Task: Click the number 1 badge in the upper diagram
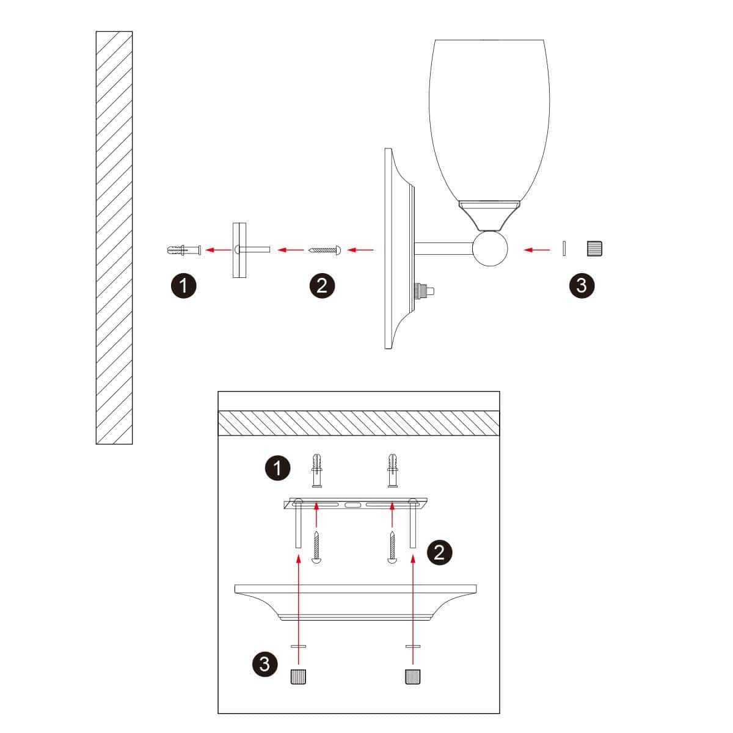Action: point(184,285)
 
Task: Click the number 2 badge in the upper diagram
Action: point(323,285)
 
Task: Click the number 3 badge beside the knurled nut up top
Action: point(582,285)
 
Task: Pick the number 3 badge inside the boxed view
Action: point(264,664)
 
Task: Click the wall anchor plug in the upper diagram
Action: point(183,250)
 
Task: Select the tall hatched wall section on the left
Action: point(114,238)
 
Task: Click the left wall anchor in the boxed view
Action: point(316,470)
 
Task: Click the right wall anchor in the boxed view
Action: point(392,470)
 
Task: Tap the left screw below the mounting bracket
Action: point(316,547)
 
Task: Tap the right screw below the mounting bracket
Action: point(392,547)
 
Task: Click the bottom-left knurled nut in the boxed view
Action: point(297,677)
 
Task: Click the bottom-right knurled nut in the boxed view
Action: point(413,677)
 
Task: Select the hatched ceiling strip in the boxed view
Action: point(359,423)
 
